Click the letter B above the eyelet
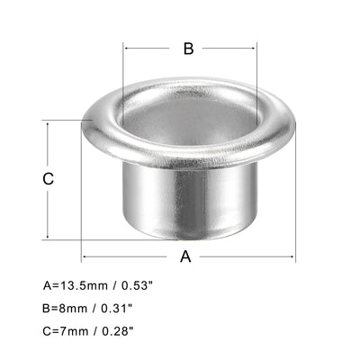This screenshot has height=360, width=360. (188, 49)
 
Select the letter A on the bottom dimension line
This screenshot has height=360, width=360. (186, 256)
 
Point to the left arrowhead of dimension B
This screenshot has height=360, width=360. (127, 49)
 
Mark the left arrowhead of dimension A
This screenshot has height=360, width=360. (85, 256)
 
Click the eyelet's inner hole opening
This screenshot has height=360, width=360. (190, 121)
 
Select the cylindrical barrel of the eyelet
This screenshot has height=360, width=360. (190, 207)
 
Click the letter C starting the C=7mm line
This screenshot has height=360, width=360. (46, 332)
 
